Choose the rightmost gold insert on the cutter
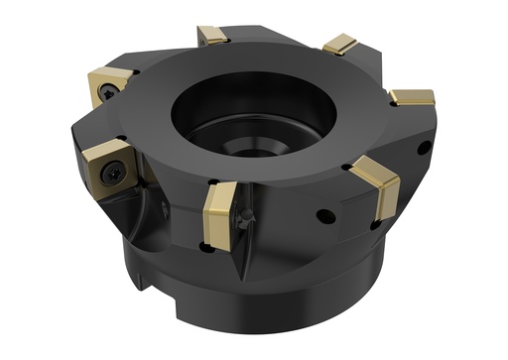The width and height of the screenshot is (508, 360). tap(411, 97)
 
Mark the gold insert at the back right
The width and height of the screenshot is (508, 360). tap(340, 44)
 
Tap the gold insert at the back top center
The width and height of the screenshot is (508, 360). tap(214, 36)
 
